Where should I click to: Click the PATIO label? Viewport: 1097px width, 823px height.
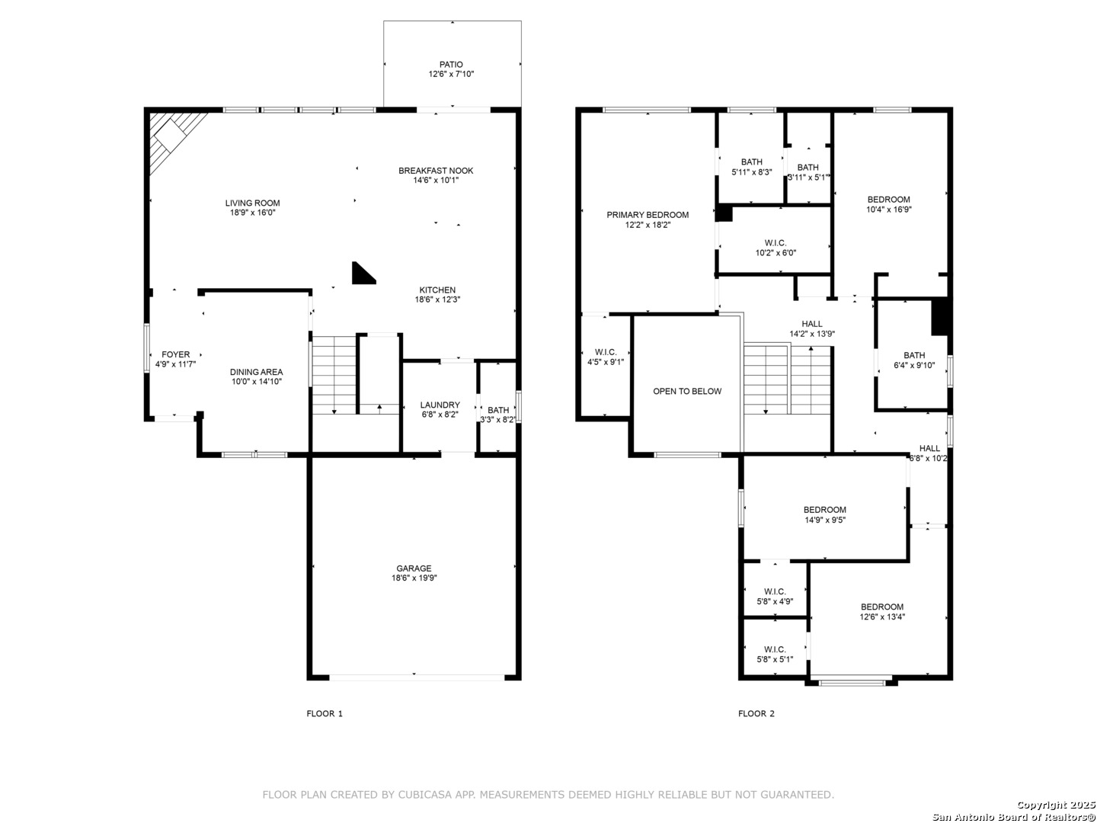[x=451, y=65]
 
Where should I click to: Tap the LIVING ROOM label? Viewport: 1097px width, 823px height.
[x=252, y=203]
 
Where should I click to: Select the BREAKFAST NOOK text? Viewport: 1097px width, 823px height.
[x=436, y=171]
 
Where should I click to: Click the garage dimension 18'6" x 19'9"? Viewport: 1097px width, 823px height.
[x=414, y=578]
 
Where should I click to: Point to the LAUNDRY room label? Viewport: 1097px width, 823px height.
[x=440, y=405]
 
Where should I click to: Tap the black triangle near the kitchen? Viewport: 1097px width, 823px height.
[x=363, y=274]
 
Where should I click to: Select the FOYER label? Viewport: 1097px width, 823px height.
[x=175, y=354]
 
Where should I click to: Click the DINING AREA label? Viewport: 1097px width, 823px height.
[x=257, y=372]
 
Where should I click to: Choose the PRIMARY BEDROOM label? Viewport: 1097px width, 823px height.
[x=648, y=215]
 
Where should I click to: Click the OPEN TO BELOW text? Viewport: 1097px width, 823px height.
[x=687, y=391]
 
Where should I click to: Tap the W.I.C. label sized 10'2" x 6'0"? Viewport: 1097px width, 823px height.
[x=776, y=243]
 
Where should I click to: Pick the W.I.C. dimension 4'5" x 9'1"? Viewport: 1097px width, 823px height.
[x=606, y=362]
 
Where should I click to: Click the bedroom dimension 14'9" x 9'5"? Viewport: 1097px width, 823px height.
[x=824, y=520]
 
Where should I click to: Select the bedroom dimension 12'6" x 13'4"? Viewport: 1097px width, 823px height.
[x=882, y=616]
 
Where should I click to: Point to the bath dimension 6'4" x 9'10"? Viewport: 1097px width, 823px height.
[x=914, y=365]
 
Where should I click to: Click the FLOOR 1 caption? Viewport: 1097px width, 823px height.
[x=325, y=713]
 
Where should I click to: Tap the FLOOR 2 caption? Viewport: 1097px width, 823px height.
[x=756, y=713]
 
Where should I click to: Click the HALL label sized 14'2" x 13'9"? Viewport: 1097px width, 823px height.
[x=812, y=324]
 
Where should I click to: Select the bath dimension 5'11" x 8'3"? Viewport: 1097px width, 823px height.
[x=752, y=172]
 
